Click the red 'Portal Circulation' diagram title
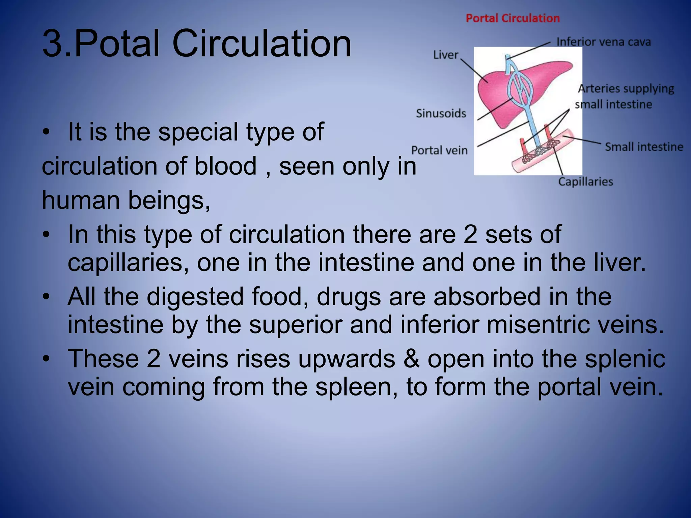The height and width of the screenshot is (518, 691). (x=513, y=18)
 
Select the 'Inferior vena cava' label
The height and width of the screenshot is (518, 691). (x=603, y=42)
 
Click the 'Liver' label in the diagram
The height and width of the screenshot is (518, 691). (x=445, y=55)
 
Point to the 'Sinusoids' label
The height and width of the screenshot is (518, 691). (x=441, y=114)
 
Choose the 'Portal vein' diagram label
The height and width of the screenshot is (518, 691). (x=439, y=150)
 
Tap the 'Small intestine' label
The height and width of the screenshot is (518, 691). (x=644, y=147)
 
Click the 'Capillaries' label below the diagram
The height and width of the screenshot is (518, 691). (x=585, y=182)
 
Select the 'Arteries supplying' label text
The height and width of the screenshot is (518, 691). (x=626, y=89)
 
